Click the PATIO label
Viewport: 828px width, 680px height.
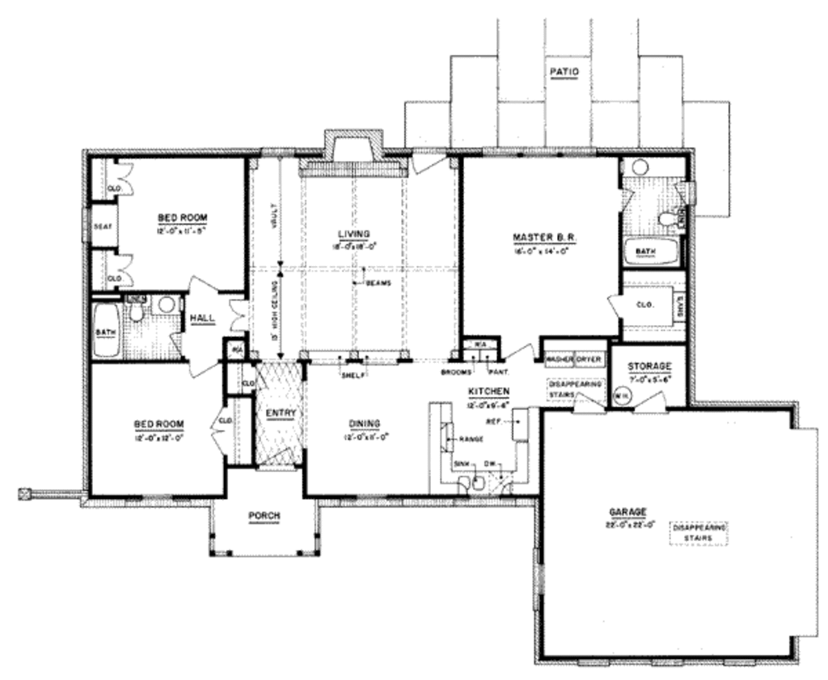point(564,71)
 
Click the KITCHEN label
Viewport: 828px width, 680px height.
point(489,391)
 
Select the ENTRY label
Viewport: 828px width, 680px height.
point(281,413)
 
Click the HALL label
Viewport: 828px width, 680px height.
point(202,319)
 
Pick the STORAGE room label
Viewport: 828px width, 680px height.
point(648,365)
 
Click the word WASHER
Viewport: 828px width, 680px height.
point(559,357)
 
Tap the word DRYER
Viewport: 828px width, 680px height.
point(588,357)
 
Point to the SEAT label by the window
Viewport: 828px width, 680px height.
point(102,226)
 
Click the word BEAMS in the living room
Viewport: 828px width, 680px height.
point(378,283)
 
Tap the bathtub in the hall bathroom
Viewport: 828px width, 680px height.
point(106,331)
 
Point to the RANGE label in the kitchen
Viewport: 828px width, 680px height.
point(471,439)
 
